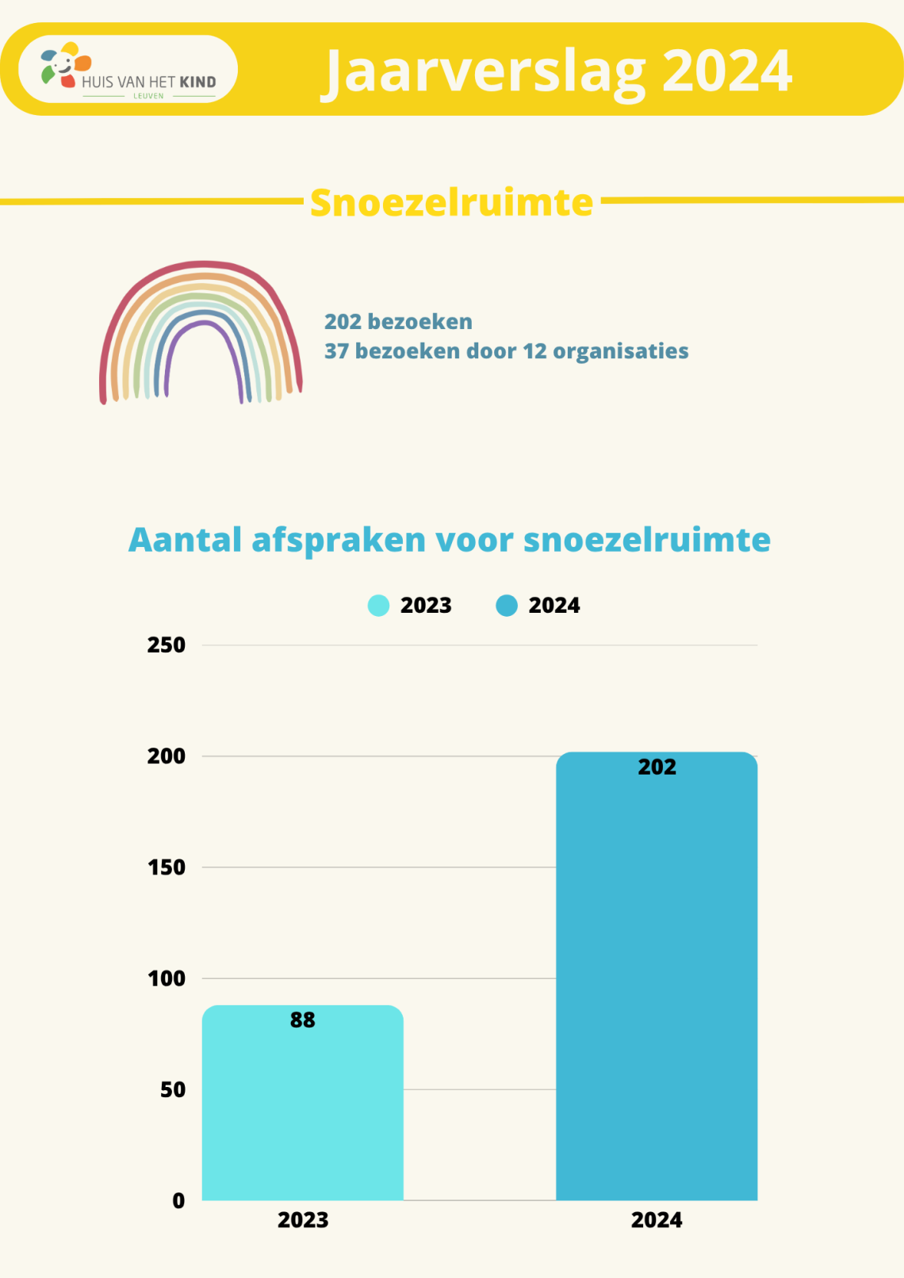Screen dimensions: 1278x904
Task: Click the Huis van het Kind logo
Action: click(x=128, y=70)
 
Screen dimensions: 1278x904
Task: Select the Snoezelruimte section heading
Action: click(x=451, y=203)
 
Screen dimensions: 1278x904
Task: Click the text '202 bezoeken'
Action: click(x=398, y=322)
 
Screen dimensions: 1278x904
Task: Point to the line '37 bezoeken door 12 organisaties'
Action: click(x=506, y=351)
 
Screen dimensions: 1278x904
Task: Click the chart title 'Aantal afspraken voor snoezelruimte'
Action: click(x=449, y=540)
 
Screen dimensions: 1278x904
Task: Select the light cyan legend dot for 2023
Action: click(x=378, y=606)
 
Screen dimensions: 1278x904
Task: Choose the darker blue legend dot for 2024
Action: click(x=507, y=606)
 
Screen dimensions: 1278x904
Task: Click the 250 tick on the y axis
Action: click(x=167, y=645)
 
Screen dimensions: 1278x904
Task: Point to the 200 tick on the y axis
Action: click(x=167, y=756)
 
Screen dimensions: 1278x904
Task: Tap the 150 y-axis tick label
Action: click(x=167, y=867)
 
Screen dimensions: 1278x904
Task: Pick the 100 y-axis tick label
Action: click(x=167, y=978)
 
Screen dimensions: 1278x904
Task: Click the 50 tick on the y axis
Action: click(x=172, y=1090)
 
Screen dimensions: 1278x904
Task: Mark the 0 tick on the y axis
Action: click(x=178, y=1201)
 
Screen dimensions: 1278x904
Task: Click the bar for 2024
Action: click(x=657, y=983)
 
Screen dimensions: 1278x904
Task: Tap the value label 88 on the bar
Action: click(x=302, y=1020)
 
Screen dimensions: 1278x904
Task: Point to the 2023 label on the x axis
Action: click(x=302, y=1220)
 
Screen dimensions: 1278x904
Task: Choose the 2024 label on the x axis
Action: click(x=657, y=1220)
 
